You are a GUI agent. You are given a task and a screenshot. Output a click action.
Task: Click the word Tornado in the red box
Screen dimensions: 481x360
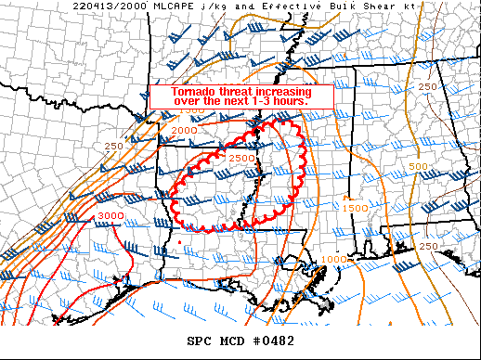pos(195,90)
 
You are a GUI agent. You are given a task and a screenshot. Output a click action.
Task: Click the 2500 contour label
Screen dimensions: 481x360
pos(241,159)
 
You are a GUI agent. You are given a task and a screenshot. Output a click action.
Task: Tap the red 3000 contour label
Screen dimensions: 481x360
pos(110,215)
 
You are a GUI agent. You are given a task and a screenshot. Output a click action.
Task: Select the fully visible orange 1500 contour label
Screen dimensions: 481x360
pos(357,208)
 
